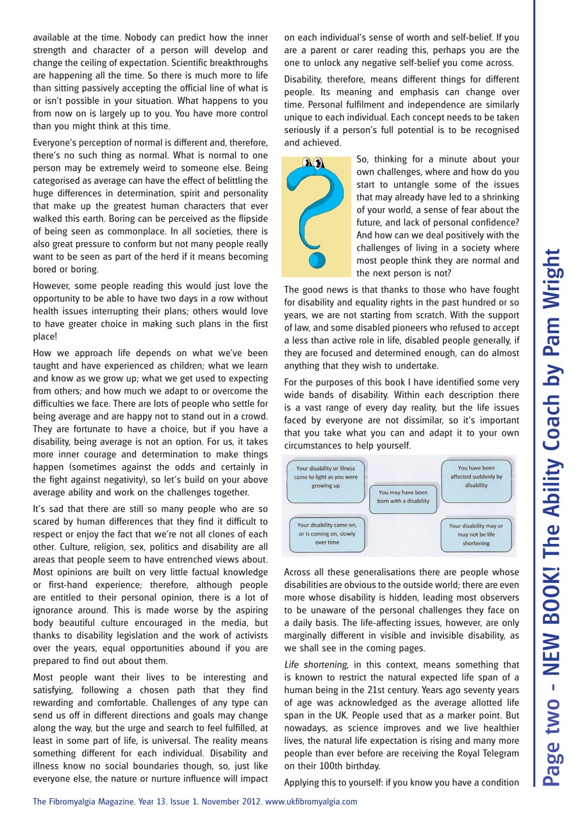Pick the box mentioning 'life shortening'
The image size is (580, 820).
tap(476, 534)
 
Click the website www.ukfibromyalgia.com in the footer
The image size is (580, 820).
tap(311, 801)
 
